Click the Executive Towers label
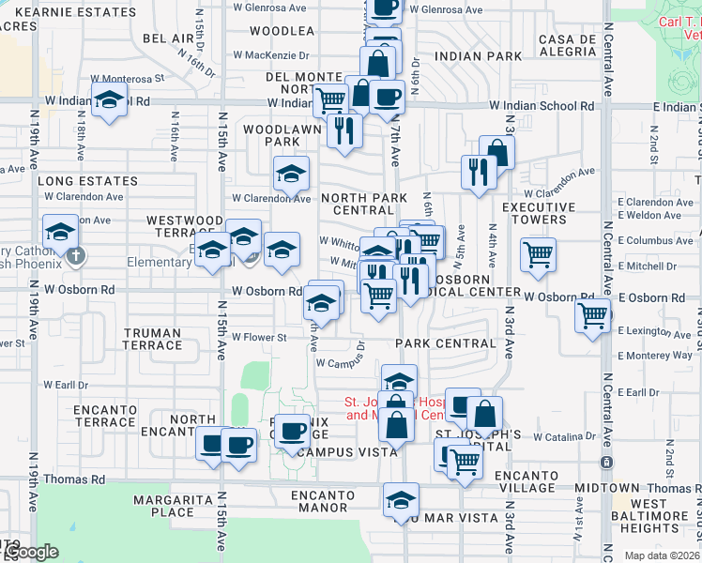click(547, 213)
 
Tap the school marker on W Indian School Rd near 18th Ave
click(110, 100)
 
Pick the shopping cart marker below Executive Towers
click(538, 253)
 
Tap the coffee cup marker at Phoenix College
click(293, 431)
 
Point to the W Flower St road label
click(259, 337)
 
